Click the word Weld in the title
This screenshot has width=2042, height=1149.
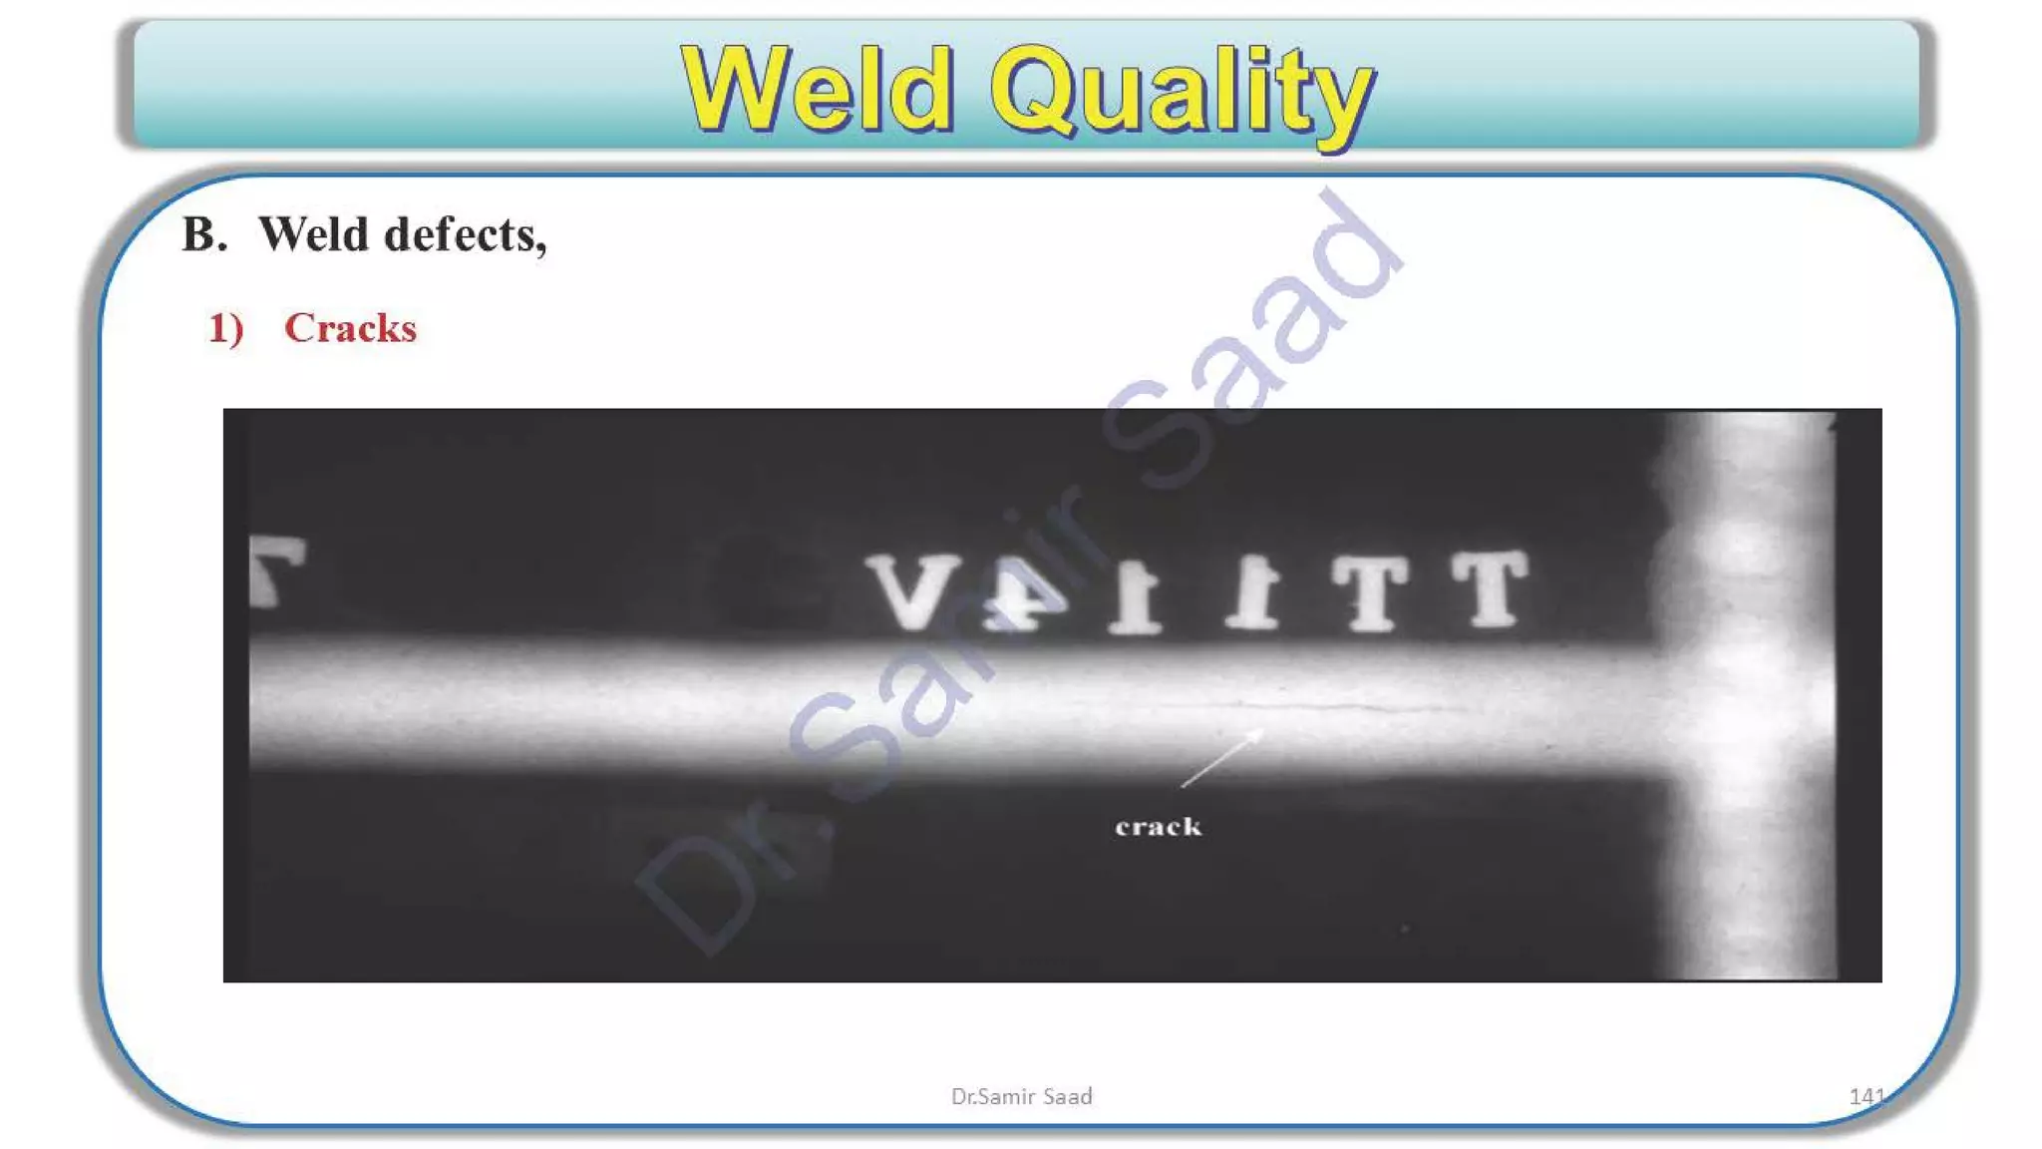[818, 90]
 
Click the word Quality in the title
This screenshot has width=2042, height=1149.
[1182, 92]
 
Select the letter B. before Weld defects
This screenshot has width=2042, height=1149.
[203, 234]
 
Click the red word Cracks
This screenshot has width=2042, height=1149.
[350, 328]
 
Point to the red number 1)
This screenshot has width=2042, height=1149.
[225, 328]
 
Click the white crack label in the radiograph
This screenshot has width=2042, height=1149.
[1158, 827]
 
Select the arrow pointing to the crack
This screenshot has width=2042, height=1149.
[1221, 760]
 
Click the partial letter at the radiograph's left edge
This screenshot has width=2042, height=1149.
[276, 570]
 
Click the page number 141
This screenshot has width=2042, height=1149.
[1866, 1096]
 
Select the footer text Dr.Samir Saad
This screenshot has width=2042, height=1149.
[1021, 1096]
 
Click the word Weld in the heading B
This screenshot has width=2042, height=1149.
[314, 234]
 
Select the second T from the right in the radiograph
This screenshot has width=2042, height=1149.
[1371, 592]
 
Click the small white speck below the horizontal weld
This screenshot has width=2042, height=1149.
[1405, 929]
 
